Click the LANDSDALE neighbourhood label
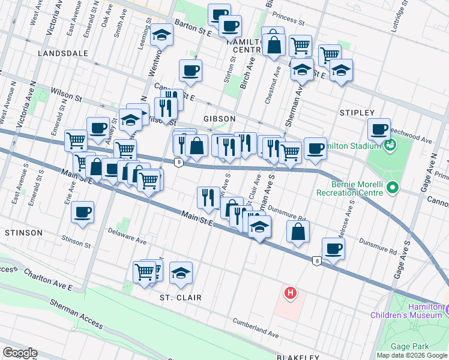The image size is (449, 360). [x=62, y=53]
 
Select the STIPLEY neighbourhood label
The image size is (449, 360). [x=357, y=113]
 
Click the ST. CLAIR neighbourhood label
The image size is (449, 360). [x=180, y=298]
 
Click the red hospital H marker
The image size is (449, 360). [x=291, y=293]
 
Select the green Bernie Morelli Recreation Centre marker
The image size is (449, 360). [x=393, y=188]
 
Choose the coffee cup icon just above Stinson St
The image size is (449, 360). [x=83, y=212]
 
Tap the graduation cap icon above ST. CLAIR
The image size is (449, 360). [x=181, y=272]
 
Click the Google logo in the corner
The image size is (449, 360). [x=20, y=353]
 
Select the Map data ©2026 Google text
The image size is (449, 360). [x=411, y=355]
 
